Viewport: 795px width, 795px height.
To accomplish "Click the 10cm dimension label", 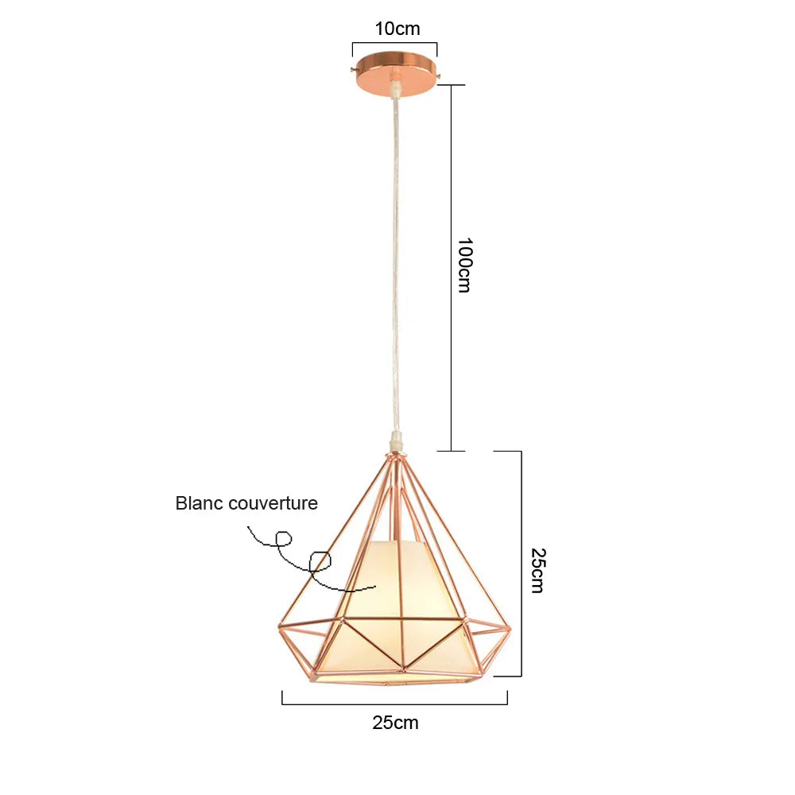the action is (397, 29).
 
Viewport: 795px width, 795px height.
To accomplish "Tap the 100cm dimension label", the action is (464, 266).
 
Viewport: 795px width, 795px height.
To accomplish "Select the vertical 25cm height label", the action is (537, 570).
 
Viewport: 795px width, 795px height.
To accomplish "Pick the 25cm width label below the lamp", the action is (395, 723).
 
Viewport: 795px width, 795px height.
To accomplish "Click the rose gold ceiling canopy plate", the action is (395, 73).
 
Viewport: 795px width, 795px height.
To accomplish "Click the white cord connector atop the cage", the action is (396, 441).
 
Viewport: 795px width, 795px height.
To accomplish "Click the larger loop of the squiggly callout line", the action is (320, 562).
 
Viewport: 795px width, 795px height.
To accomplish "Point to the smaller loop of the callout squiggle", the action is (284, 538).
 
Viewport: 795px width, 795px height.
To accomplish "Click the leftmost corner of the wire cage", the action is (279, 628).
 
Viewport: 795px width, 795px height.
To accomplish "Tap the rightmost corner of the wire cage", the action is (510, 629).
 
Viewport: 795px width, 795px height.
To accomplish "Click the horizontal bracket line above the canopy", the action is (395, 43).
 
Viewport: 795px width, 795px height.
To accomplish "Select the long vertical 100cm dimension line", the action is (452, 268).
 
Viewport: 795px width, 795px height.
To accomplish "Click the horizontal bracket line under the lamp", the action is (395, 704).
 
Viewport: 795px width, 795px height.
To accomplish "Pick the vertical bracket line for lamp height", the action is (522, 564).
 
